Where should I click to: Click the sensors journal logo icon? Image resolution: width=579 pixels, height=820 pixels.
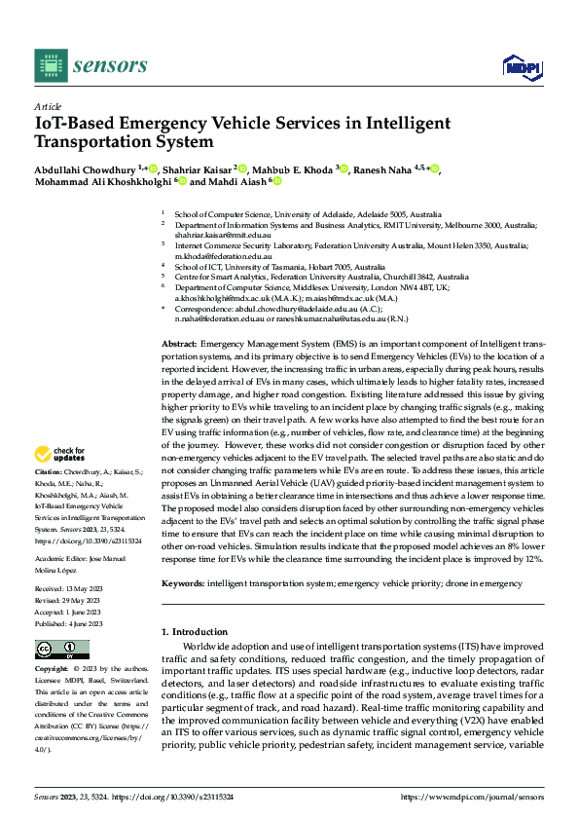coord(50,65)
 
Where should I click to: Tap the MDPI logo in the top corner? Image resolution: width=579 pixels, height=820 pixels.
coord(521,66)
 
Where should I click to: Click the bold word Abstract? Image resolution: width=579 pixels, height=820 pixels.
coord(179,346)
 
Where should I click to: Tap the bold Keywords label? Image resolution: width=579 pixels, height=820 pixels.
coord(182,582)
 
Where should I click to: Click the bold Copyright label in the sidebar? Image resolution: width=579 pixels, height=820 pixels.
coord(52,670)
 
